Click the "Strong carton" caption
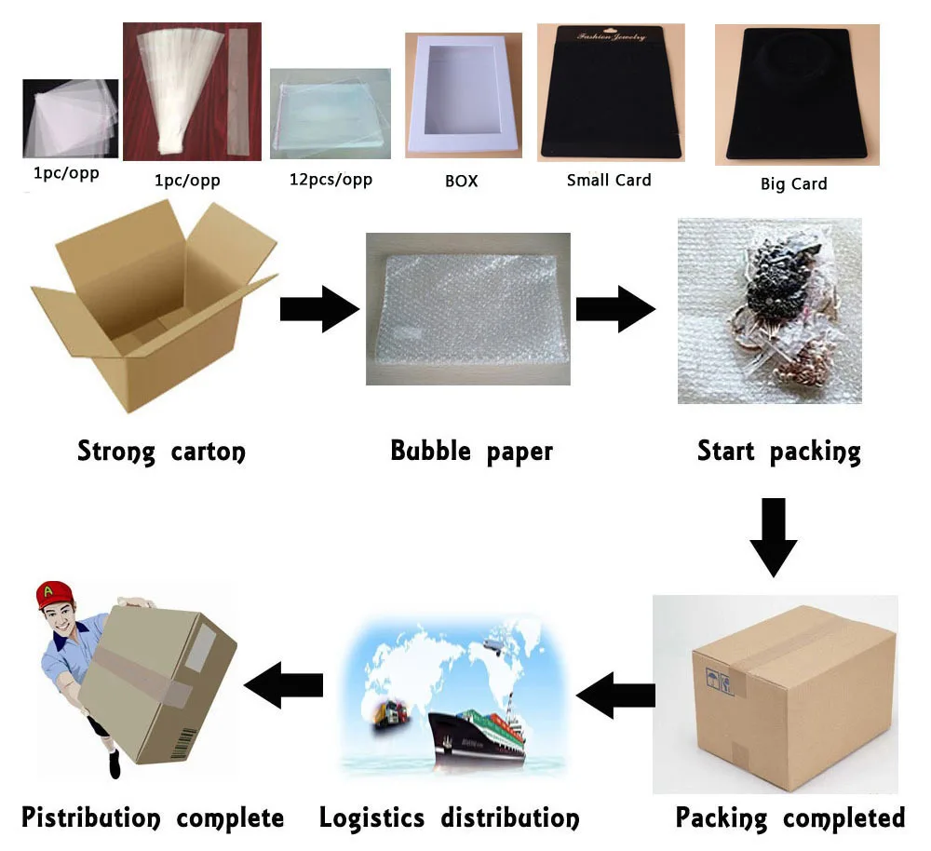[161, 453]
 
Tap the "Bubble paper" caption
[471, 452]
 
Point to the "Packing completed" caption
[789, 818]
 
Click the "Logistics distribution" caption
[449, 818]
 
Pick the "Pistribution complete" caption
[153, 818]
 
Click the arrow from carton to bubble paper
[319, 308]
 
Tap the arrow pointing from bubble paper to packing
[615, 308]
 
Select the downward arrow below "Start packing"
[773, 536]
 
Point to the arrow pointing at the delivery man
[284, 685]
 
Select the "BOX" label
[461, 181]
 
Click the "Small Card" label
[609, 180]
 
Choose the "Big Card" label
[793, 183]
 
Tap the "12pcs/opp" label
[331, 178]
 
